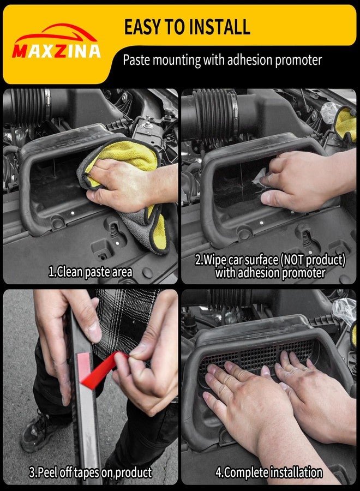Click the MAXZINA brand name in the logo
56,51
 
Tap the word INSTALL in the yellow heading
219,27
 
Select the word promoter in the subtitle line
299,60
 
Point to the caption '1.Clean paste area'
90,272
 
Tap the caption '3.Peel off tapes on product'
90,472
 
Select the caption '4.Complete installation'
269,472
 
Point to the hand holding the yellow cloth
125,185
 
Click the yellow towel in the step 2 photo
346,124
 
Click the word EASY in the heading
144,27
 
